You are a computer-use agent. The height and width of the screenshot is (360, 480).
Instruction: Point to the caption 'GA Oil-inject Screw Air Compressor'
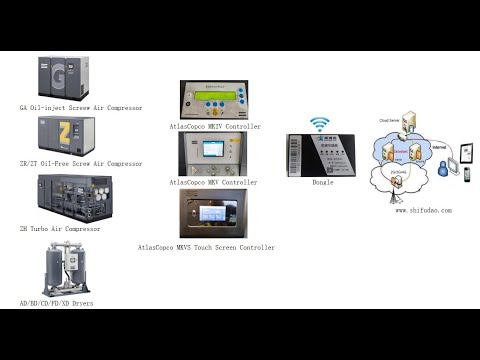(x=81, y=107)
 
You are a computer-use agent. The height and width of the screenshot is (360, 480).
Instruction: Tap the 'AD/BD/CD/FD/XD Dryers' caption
(x=57, y=302)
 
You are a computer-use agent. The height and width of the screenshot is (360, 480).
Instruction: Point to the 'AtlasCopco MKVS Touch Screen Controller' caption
(x=206, y=246)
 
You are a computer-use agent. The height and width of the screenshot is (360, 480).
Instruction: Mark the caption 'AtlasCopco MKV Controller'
(x=213, y=182)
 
